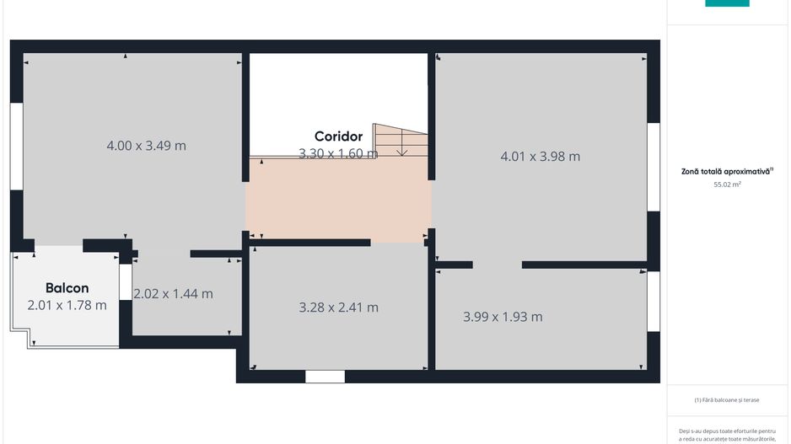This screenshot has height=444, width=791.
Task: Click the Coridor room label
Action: [338, 136]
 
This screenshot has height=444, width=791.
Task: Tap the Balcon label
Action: [67, 288]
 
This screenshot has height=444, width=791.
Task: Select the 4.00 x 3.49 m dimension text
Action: [146, 146]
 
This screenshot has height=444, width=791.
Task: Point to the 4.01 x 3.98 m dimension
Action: [540, 156]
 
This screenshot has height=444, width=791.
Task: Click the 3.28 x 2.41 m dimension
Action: [338, 308]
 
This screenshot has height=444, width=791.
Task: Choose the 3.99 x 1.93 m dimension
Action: [503, 317]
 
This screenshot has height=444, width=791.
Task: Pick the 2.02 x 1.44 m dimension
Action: [173, 294]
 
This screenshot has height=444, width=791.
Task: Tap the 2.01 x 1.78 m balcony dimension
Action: [67, 305]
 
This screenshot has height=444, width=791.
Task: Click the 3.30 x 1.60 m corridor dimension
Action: [337, 153]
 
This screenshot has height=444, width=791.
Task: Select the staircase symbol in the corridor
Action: [401, 141]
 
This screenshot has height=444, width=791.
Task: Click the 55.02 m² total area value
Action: [727, 184]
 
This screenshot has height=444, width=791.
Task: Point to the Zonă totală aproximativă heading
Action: [727, 171]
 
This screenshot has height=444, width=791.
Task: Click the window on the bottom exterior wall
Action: [325, 377]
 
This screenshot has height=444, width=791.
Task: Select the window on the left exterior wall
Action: [17, 145]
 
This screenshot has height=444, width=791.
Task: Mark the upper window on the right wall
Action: [654, 167]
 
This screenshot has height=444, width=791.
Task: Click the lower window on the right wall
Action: [654, 301]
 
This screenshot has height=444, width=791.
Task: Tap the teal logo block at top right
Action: [727, 3]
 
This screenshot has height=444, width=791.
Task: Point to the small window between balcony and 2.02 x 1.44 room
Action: [125, 282]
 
